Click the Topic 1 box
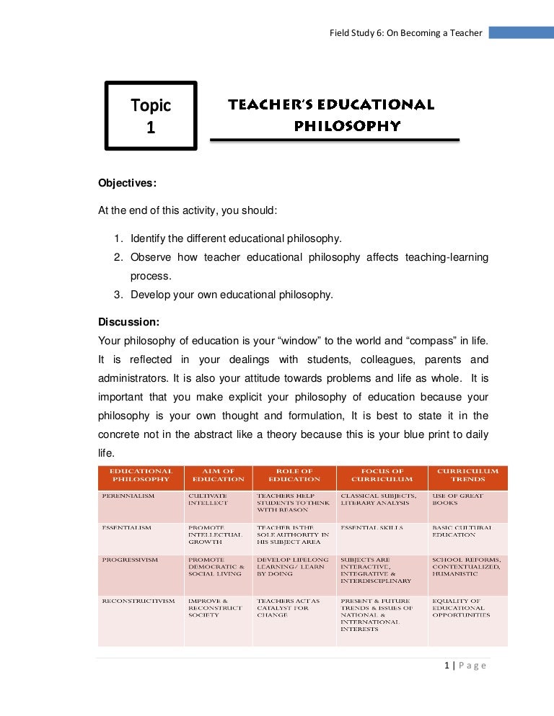[x=151, y=116]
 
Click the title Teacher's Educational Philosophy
[x=332, y=115]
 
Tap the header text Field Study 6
[x=405, y=32]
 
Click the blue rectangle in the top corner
[x=521, y=32]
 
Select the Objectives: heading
[x=127, y=183]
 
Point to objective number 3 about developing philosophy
[x=231, y=294]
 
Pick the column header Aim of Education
[x=218, y=475]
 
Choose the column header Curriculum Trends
[x=467, y=475]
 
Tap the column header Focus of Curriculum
[x=382, y=475]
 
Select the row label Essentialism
[x=127, y=528]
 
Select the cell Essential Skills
[x=371, y=528]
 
